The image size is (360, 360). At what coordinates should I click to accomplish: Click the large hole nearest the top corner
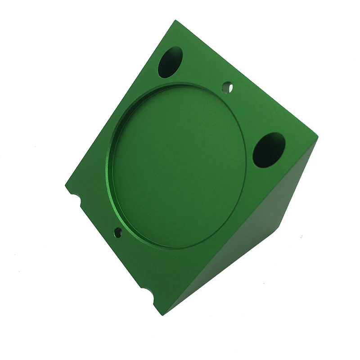[x=170, y=62]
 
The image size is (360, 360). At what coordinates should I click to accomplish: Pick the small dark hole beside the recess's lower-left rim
[x=118, y=232]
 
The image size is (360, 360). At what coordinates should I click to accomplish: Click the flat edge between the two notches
[x=108, y=243]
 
